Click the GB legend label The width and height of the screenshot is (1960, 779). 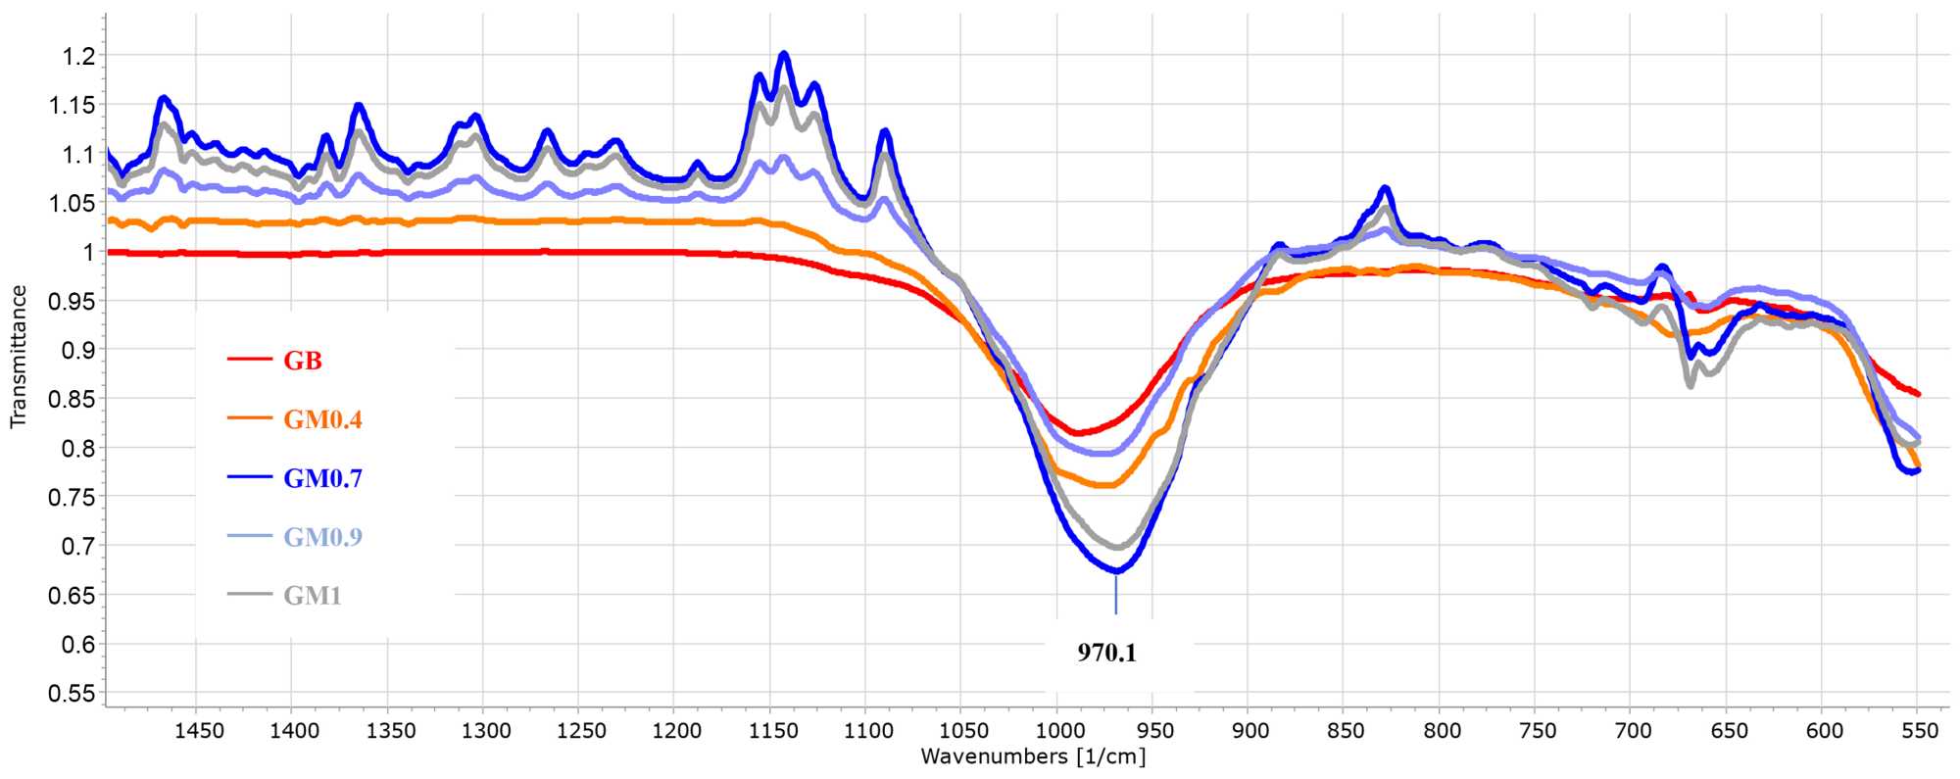pos(303,361)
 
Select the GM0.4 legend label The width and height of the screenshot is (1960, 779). pos(322,419)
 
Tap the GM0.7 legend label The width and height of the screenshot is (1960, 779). pos(322,478)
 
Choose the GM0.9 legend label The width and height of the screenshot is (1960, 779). pos(322,537)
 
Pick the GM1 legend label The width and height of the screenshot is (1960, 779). pos(313,596)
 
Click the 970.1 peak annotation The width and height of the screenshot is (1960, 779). pos(1107,653)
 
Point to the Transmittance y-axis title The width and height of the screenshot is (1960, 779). pos(18,357)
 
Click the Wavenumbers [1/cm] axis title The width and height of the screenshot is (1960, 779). pos(1033,756)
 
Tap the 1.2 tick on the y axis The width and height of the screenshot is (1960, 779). pos(78,56)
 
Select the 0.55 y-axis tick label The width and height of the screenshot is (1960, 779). pos(73,693)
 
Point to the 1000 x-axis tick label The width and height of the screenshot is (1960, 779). pos(1059,731)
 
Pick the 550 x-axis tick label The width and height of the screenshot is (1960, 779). pos(1919,731)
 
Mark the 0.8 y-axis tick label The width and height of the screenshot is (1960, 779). pos(78,448)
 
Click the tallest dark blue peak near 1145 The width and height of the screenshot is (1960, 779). pos(783,54)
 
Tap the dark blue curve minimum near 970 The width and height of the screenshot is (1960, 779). pos(1116,569)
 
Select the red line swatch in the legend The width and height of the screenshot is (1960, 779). pos(249,360)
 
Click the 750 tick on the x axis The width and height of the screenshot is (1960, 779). pos(1537,731)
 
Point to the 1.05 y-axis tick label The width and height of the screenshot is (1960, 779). pos(73,203)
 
